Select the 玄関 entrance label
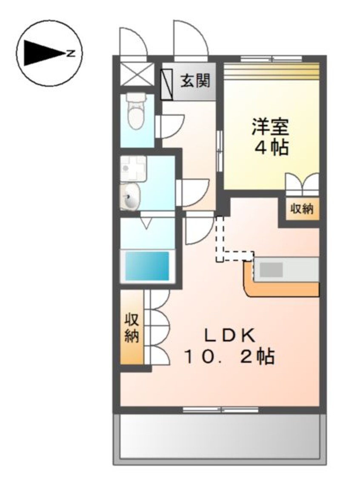[x=195, y=80]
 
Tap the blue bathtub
[x=147, y=266]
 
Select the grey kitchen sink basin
[x=271, y=269]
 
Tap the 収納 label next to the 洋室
[x=302, y=209]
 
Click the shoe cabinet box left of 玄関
[x=166, y=83]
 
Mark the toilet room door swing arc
[x=170, y=126]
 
